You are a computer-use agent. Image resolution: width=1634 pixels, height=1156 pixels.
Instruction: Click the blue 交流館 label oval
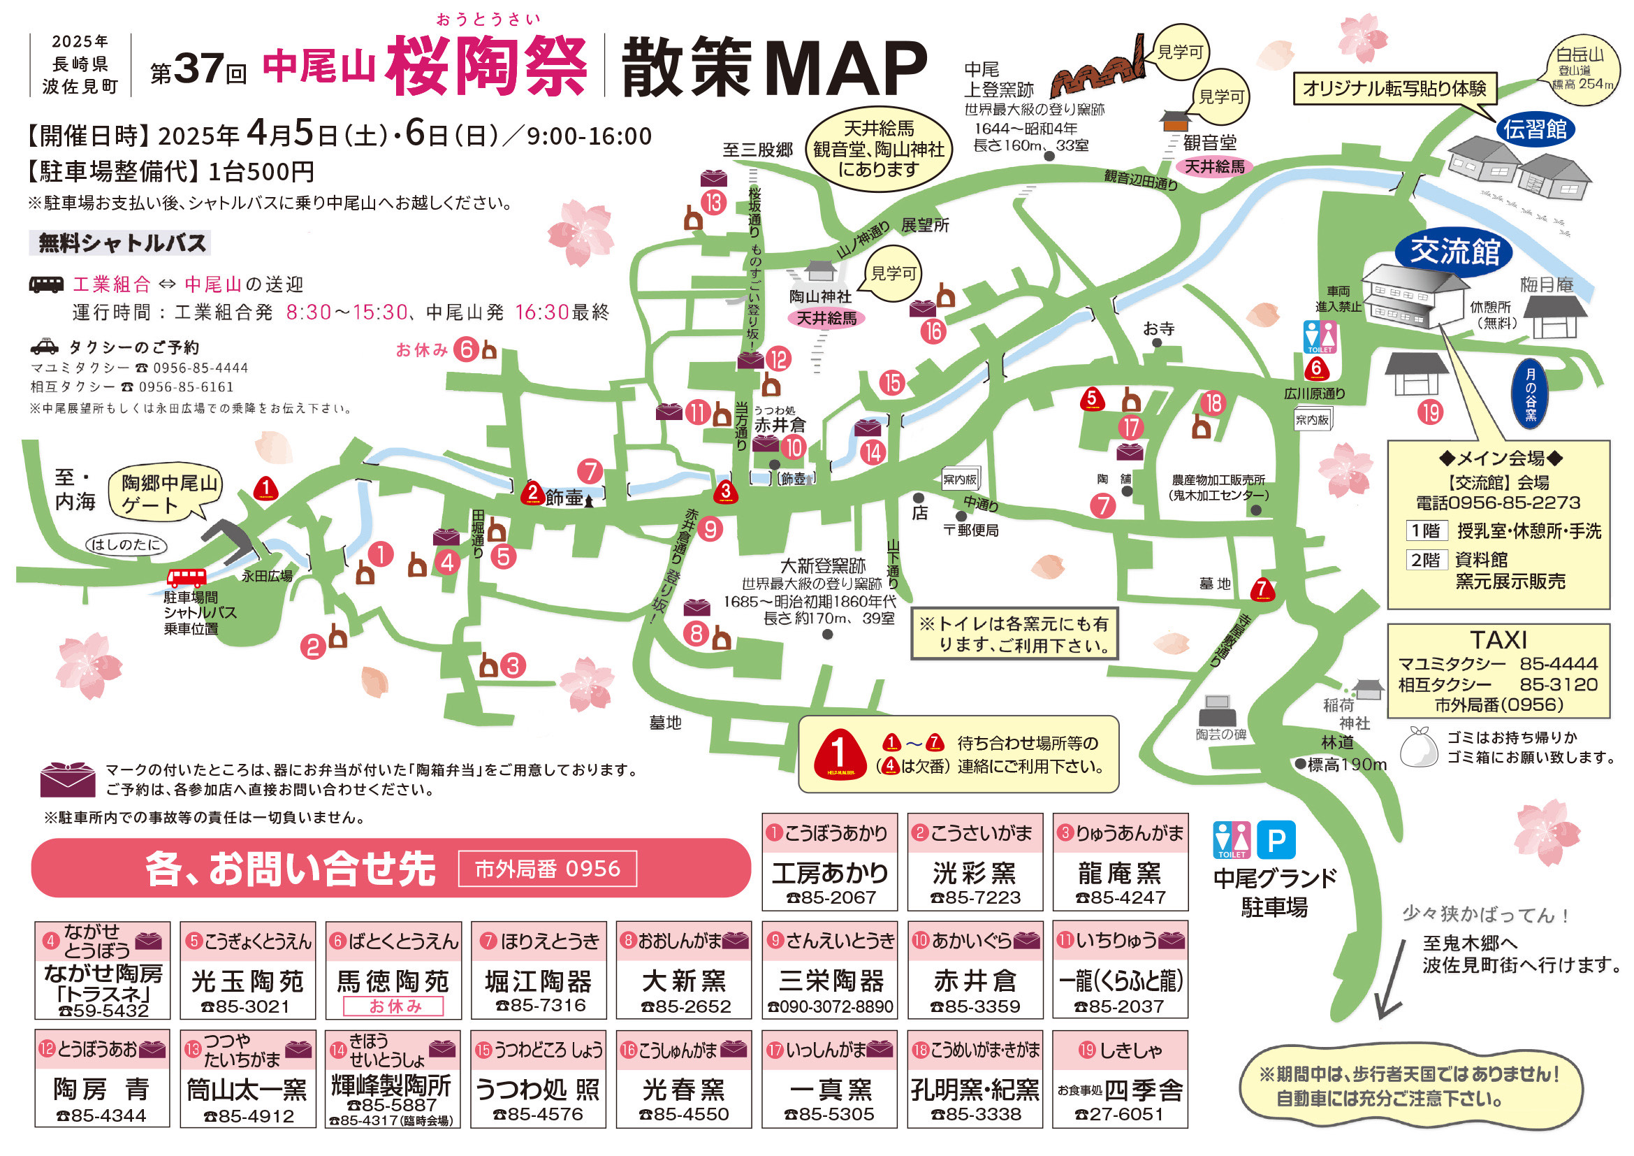(1454, 252)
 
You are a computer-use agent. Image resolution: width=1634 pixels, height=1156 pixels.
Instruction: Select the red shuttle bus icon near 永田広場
(187, 577)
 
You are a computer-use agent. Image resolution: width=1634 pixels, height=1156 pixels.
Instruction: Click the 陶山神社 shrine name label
(820, 296)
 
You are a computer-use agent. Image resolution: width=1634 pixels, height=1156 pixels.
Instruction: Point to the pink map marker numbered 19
(1429, 412)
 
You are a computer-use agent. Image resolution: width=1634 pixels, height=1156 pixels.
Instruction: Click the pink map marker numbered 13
(714, 203)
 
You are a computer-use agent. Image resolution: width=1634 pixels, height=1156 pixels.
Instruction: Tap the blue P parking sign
(1276, 840)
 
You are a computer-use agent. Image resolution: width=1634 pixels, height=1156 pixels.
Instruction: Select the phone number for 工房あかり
(831, 897)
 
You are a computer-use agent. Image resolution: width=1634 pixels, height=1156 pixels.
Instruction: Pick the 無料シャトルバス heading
(122, 243)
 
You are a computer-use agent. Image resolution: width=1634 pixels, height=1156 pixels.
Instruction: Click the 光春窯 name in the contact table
(683, 1089)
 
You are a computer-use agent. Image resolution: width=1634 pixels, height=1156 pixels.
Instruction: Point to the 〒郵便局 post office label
(971, 530)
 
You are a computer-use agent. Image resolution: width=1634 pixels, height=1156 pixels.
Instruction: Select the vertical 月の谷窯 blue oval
(1530, 394)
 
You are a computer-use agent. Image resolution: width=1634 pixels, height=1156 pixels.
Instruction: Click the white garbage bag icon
(1418, 746)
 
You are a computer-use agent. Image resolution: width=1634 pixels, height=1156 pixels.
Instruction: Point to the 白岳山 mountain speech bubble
(1582, 69)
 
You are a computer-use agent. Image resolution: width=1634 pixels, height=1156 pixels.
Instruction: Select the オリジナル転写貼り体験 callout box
(1394, 89)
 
